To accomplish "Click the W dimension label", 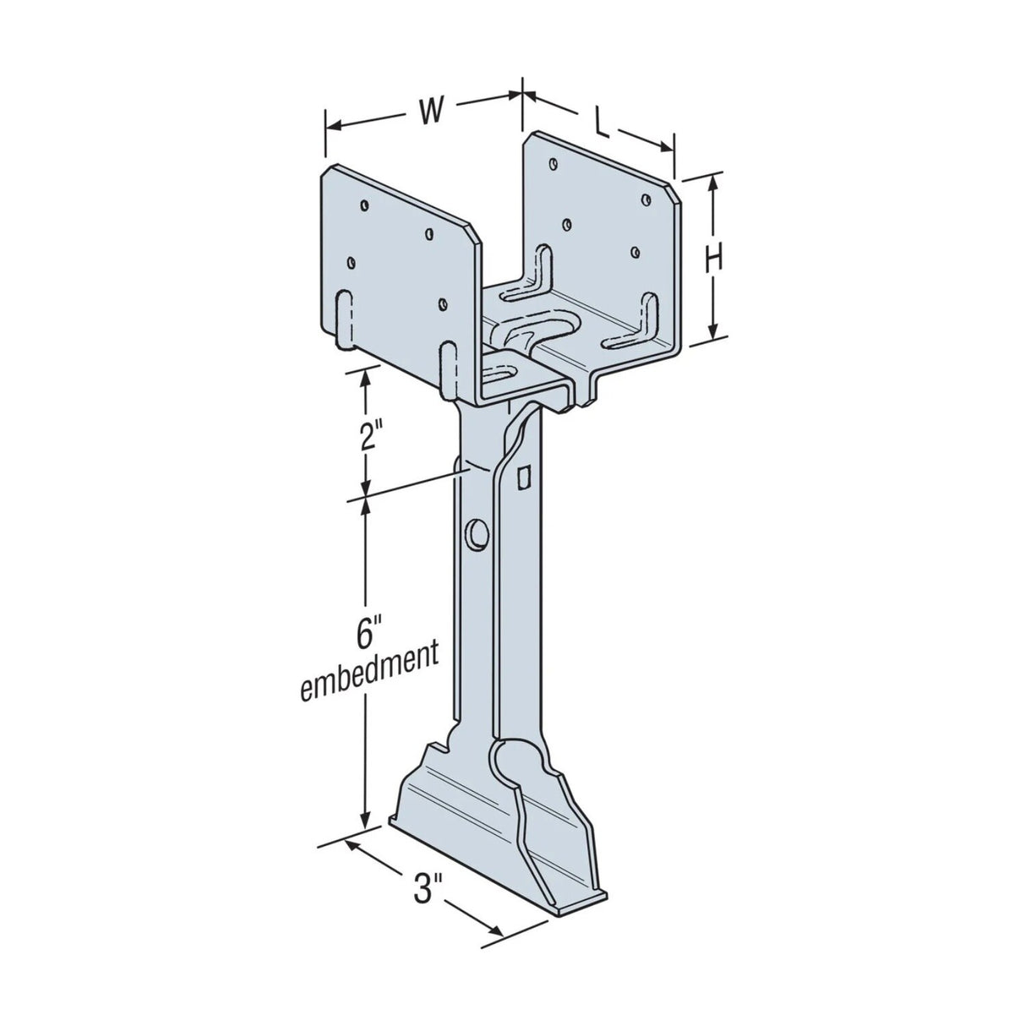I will click(x=430, y=111).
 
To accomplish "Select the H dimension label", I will click(x=714, y=259).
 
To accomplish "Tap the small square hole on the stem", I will click(x=524, y=478).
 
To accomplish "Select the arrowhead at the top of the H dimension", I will click(x=714, y=180).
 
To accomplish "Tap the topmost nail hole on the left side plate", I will click(x=364, y=204).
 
